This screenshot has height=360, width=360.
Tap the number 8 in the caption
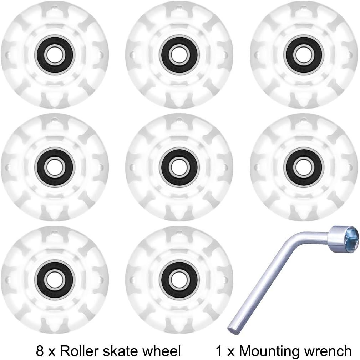pos(40,350)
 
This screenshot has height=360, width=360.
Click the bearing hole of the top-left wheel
pos(54,55)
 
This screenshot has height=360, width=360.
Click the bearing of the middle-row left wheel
pos(54,167)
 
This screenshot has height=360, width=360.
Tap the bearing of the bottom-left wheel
pos(54,280)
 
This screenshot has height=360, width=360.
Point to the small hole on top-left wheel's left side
pos(8,55)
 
